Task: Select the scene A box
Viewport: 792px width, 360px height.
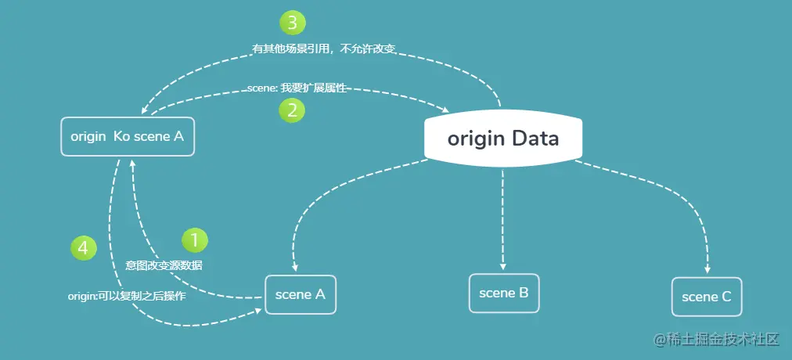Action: pos(301,295)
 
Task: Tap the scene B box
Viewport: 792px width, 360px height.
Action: pos(504,293)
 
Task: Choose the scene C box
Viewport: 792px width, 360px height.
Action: pos(707,297)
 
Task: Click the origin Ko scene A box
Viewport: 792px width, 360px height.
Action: pos(128,137)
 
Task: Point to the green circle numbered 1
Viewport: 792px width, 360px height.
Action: pos(195,240)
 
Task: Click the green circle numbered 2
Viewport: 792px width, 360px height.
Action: pos(292,110)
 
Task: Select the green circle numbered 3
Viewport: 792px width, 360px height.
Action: pos(292,23)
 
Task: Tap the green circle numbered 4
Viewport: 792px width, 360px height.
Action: pos(83,248)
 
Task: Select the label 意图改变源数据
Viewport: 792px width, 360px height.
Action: pos(164,265)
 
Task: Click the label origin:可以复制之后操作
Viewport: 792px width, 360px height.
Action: pos(126,297)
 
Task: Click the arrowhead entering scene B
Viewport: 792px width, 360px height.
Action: pos(503,266)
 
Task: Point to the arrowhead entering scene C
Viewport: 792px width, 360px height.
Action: pos(707,269)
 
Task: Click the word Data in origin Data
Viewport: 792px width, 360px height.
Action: pos(535,140)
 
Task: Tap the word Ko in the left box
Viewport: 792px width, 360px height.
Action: pos(122,137)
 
